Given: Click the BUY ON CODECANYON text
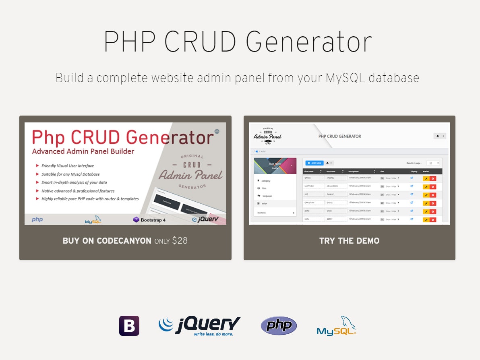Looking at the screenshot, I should [x=107, y=241].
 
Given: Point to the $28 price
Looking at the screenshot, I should [x=180, y=241].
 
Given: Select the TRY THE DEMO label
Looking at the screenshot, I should [x=349, y=241].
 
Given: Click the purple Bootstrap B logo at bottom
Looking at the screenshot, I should [x=129, y=326].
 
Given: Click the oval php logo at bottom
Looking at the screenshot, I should [x=279, y=326].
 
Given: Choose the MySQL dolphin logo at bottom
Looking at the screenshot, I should [x=336, y=326].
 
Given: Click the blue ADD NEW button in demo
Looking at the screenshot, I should [x=314, y=163].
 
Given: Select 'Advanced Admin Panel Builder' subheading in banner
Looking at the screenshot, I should [x=83, y=151].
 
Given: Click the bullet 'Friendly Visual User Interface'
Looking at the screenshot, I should [x=68, y=166].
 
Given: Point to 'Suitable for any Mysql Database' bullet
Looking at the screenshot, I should [x=70, y=174].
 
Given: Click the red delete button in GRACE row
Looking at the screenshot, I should [x=433, y=178].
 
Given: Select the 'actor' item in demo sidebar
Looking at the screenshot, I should [x=264, y=203].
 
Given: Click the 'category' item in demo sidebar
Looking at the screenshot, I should [x=266, y=181].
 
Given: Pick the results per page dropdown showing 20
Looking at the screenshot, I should [x=433, y=163].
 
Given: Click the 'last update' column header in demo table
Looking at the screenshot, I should [x=354, y=171].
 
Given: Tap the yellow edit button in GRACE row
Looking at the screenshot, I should [x=426, y=178].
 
